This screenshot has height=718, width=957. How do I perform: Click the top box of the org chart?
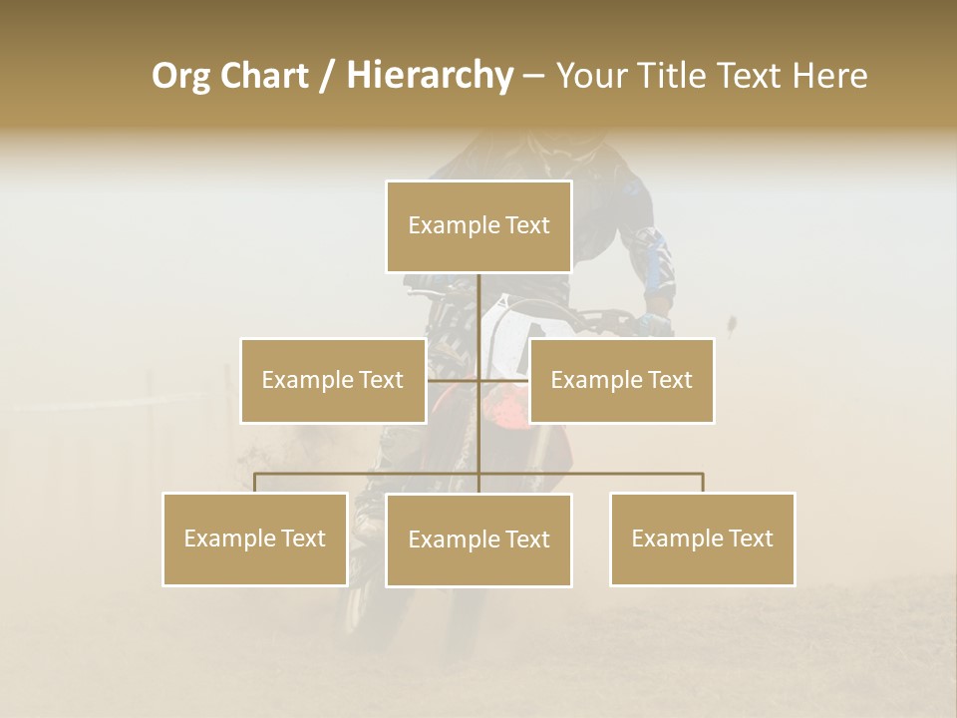(x=478, y=226)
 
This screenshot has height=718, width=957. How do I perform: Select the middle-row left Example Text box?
(x=333, y=380)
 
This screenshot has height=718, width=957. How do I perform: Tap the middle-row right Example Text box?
(x=621, y=380)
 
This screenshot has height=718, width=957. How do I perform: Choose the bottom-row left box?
(x=255, y=538)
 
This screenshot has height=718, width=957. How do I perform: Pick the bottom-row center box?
(x=478, y=539)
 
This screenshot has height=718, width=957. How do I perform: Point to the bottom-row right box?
(x=702, y=538)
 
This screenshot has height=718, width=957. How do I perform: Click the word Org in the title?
(x=180, y=76)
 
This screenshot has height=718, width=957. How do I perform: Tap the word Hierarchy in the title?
(x=430, y=76)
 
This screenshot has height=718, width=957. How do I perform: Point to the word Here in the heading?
(x=829, y=76)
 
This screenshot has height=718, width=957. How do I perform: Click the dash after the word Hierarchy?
(x=533, y=76)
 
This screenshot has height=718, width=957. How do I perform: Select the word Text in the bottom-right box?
(x=750, y=538)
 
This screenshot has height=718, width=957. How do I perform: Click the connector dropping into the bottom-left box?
(x=255, y=483)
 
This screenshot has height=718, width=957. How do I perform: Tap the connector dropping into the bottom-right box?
(x=703, y=483)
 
